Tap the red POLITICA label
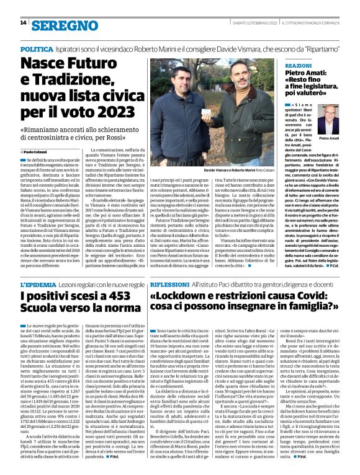36,48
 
